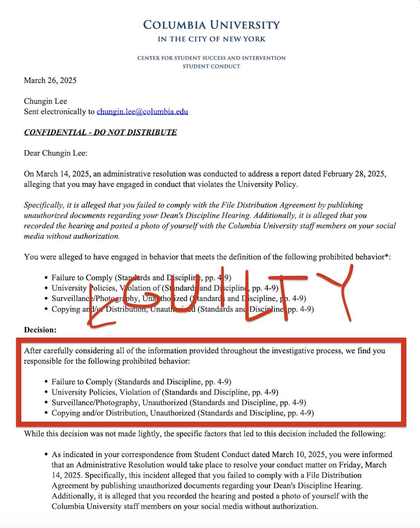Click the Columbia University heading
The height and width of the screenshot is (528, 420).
[x=211, y=25]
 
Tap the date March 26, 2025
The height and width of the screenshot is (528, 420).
[x=50, y=81]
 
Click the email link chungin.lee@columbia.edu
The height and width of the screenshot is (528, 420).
[x=142, y=112]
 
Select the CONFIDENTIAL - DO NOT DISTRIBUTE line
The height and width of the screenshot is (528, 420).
[x=100, y=133]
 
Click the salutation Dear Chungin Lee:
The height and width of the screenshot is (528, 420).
[x=55, y=153]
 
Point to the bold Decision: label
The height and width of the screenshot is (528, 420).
[x=40, y=330]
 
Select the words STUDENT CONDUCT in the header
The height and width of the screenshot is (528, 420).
[x=211, y=66]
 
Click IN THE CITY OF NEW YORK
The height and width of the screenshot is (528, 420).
[x=211, y=39]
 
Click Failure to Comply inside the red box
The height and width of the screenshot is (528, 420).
[x=82, y=382]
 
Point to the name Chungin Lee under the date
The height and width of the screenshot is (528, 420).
[x=45, y=101]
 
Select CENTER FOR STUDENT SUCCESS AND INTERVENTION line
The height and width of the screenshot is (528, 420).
[x=211, y=58]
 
